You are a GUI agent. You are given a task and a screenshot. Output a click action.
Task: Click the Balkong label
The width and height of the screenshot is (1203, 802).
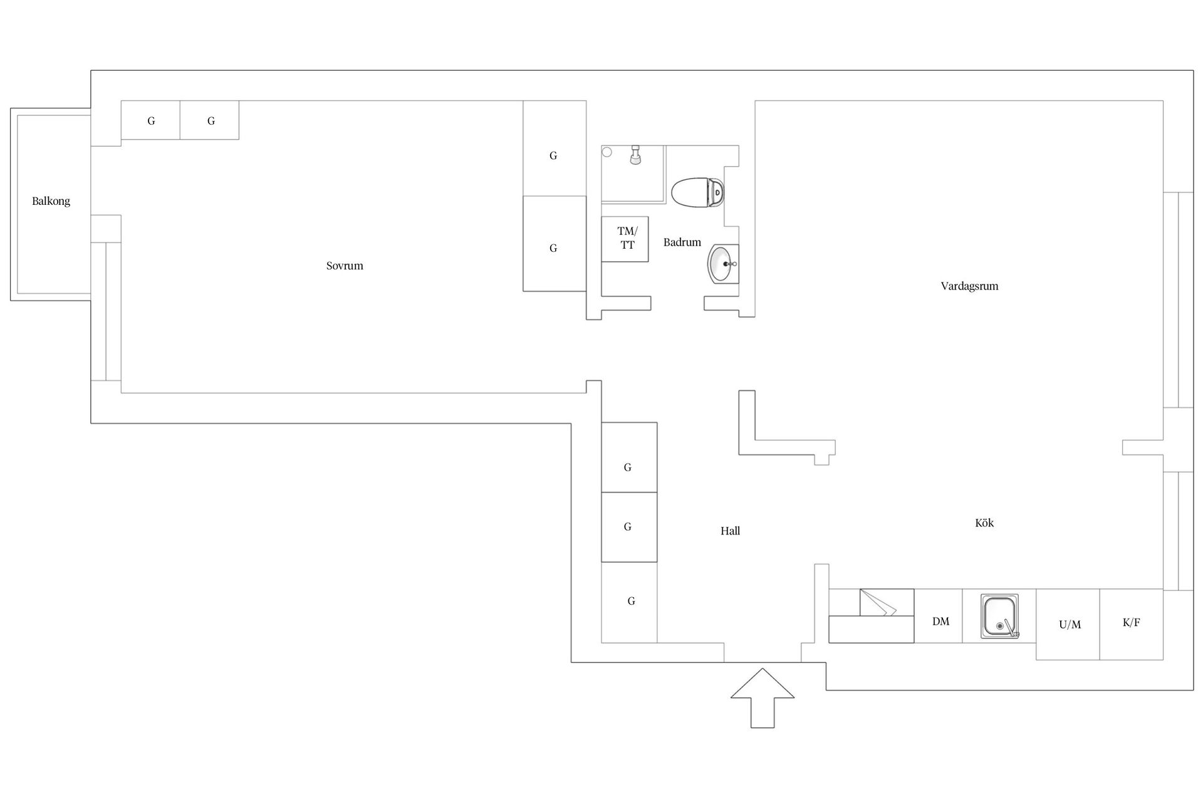(x=51, y=201)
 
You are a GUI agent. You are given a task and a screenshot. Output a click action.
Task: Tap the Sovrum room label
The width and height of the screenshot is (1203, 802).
(x=345, y=266)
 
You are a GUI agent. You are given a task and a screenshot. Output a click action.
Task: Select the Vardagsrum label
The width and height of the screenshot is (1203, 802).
(x=969, y=286)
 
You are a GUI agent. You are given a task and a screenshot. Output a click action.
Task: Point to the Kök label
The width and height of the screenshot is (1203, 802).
(x=984, y=523)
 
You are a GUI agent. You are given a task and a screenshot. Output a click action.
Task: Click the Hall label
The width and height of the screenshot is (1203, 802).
(x=730, y=531)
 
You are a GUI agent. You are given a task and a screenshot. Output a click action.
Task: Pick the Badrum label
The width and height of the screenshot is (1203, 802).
(x=682, y=242)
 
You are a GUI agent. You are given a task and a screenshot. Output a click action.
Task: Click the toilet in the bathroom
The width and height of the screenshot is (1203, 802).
(x=698, y=192)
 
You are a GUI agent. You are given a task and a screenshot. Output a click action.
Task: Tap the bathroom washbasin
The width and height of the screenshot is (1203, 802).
(x=723, y=264)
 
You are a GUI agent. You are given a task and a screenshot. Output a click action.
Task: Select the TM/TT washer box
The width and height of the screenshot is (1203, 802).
(x=625, y=239)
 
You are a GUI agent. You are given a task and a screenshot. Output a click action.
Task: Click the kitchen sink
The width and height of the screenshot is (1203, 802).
(x=999, y=617)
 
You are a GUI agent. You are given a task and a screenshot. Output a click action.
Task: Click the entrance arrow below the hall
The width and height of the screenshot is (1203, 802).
(x=763, y=698)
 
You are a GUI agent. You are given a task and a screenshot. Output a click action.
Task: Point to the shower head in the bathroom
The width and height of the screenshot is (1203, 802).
(x=635, y=155)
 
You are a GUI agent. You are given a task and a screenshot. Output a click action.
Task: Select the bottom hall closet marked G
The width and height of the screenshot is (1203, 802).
(x=629, y=602)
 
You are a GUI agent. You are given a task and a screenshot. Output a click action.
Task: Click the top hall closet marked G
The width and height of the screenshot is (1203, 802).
(x=629, y=457)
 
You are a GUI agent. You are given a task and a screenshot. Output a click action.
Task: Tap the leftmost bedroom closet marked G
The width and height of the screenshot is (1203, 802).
(x=150, y=120)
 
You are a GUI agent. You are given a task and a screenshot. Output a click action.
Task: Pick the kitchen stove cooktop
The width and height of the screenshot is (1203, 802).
(x=871, y=616)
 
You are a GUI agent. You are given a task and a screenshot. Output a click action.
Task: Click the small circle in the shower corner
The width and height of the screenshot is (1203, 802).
(x=607, y=152)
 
